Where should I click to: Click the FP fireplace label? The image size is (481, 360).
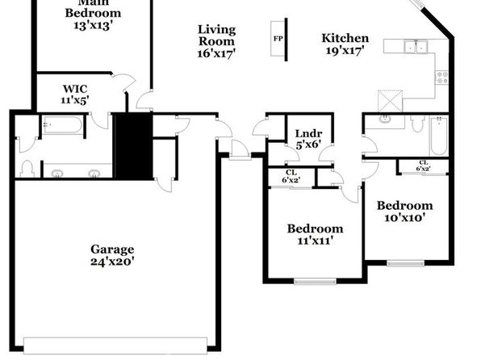point(278,39)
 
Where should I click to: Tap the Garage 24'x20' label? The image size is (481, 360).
point(112,255)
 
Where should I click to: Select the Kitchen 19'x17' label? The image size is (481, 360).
point(345,44)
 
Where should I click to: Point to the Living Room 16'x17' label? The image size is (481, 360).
point(216,41)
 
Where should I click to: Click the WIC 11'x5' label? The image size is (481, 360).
point(75,94)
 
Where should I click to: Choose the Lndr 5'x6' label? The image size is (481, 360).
point(308,139)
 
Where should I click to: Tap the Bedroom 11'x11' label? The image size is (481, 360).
point(315,234)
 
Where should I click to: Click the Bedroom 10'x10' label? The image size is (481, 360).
point(404,211)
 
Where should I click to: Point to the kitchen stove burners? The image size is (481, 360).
point(442,77)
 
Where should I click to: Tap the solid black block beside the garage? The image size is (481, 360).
point(133,146)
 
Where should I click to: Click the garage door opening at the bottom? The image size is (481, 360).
point(115,345)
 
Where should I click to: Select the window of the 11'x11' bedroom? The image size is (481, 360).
point(315,281)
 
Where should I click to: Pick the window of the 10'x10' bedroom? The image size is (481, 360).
point(405,263)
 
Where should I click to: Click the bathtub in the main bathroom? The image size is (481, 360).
point(63,125)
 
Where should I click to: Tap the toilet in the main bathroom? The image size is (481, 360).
point(27,169)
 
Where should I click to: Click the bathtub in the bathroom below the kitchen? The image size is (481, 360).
point(439,136)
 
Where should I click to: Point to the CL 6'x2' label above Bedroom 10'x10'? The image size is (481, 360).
point(424,165)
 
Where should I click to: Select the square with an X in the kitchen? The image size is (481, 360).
point(390,101)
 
